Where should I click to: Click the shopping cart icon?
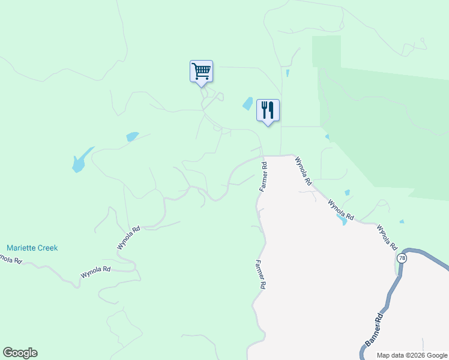201,71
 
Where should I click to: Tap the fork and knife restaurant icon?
268,110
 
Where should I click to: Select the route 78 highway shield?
400,257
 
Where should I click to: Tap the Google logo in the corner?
20,353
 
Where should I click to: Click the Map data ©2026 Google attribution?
412,355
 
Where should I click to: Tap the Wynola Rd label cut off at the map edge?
10,259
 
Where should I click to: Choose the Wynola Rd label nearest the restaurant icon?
303,171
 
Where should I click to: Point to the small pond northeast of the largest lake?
132,137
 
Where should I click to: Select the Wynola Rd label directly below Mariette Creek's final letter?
96,273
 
